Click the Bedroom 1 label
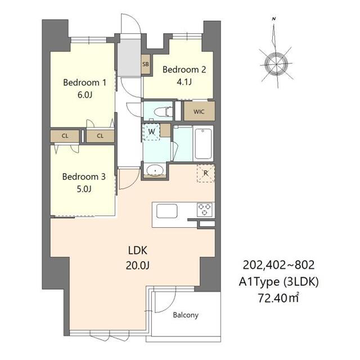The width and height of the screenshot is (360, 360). tap(85, 83)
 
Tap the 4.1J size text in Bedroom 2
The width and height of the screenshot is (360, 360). tap(184, 82)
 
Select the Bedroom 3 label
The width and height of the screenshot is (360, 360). tap(84, 177)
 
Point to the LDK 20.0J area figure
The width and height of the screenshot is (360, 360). tap(138, 265)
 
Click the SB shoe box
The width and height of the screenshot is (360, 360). tap(146, 64)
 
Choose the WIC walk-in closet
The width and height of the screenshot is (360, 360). tap(199, 111)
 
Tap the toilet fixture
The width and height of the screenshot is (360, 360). tap(163, 112)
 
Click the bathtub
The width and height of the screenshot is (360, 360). tap(204, 144)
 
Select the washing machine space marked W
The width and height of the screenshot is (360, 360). tap(151, 132)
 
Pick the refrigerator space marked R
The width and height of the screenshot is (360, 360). tap(206, 173)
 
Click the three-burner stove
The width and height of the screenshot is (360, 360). tap(205, 209)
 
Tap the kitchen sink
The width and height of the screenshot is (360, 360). tap(167, 211)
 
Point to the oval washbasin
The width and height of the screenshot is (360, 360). tap(155, 170)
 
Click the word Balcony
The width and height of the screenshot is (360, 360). tap(186, 315)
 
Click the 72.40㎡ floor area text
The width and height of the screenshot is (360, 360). tap(278, 298)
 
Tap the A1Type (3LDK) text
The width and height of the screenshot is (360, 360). tap(278, 282)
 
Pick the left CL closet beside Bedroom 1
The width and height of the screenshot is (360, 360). tap(65, 136)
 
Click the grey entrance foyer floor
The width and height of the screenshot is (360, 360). tap(129, 57)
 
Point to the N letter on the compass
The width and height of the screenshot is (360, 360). tap(274, 19)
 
